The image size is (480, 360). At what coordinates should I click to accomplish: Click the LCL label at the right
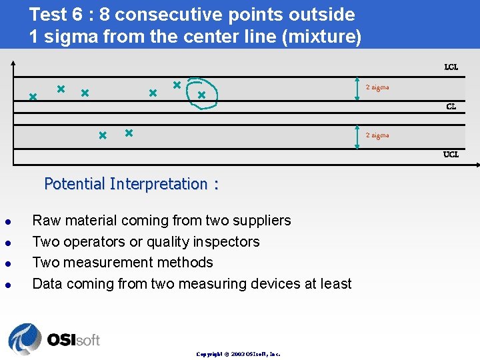[451, 67]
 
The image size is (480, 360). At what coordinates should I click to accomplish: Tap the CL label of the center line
[451, 107]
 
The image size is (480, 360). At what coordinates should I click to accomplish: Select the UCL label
[451, 155]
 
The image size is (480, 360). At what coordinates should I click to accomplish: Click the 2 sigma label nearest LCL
[377, 87]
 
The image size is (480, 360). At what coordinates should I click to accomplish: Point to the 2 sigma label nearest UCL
[377, 135]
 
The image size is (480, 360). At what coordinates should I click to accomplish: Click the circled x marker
[201, 95]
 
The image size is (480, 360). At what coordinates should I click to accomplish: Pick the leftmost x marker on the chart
[32, 97]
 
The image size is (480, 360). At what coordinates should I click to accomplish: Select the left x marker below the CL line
[103, 135]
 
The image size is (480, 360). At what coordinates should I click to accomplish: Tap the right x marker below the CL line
[129, 133]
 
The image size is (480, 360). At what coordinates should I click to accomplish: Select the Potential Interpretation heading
[131, 184]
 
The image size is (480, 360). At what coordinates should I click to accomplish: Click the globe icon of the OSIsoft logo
[25, 339]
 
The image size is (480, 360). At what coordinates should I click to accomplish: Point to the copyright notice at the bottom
[238, 354]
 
